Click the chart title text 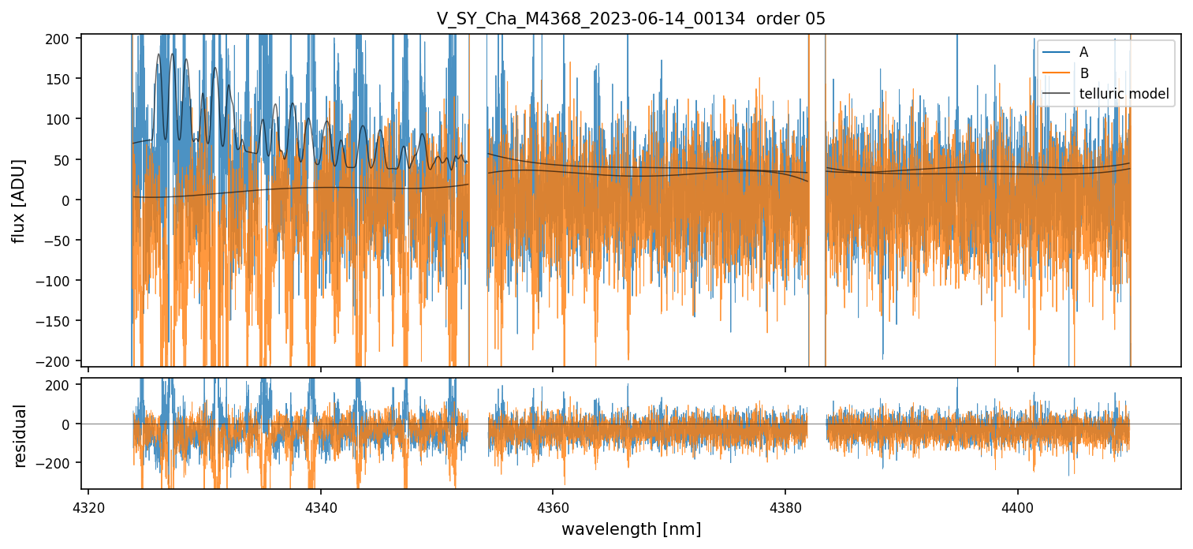tap(631, 19)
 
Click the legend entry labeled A tap(1083, 52)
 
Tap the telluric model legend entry tap(1124, 95)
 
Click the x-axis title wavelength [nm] tap(631, 528)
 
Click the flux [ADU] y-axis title tap(19, 200)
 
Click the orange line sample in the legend tap(1056, 73)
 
